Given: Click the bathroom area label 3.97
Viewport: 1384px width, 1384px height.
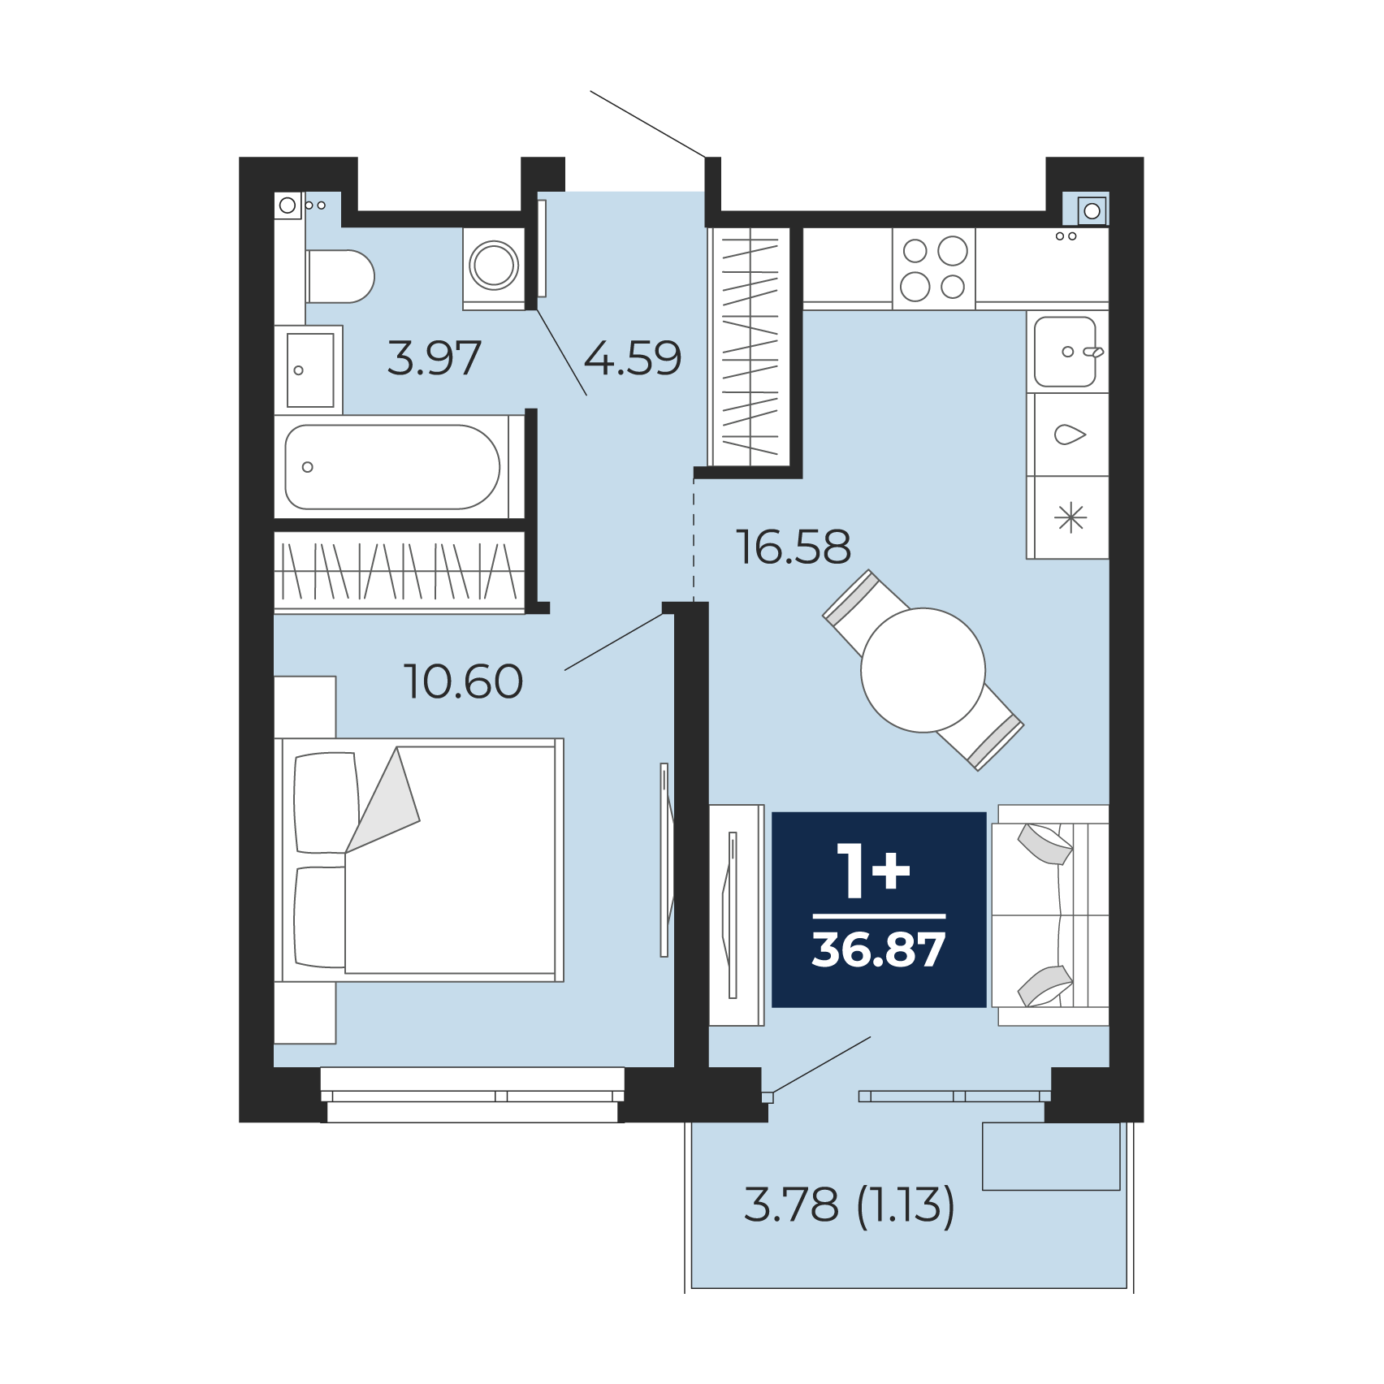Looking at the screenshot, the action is pos(435,358).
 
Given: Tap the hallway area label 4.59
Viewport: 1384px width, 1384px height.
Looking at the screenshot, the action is pos(633,358).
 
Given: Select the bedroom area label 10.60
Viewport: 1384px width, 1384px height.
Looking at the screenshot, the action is pos(464,681).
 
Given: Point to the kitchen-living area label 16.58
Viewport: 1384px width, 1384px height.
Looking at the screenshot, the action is pos(794,547).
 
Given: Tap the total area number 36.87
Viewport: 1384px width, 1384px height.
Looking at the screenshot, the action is pos(879,949).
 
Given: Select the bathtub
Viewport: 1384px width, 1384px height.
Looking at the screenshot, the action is pos(392,467).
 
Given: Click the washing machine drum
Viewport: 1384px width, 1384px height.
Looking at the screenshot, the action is pos(494,265).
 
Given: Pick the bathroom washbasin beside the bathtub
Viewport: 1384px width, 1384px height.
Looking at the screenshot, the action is pos(309,370).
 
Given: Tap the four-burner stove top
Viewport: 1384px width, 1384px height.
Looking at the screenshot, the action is pos(934,269).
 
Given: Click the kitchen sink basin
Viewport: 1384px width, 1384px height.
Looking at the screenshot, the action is pos(1065,352).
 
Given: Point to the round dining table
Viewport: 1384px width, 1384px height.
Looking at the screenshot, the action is pos(923,670).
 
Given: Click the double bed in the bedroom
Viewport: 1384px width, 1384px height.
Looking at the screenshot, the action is pos(419,860).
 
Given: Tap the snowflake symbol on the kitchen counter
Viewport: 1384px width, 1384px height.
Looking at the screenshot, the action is pos(1071,517).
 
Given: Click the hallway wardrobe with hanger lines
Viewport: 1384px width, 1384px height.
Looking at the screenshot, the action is pos(750,347).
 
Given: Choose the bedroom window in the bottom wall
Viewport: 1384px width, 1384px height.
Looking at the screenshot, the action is pos(473,1095).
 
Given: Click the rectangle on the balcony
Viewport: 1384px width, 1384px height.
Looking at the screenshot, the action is pos(1051,1157).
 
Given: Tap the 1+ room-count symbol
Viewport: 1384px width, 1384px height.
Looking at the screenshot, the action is pos(873,870).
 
